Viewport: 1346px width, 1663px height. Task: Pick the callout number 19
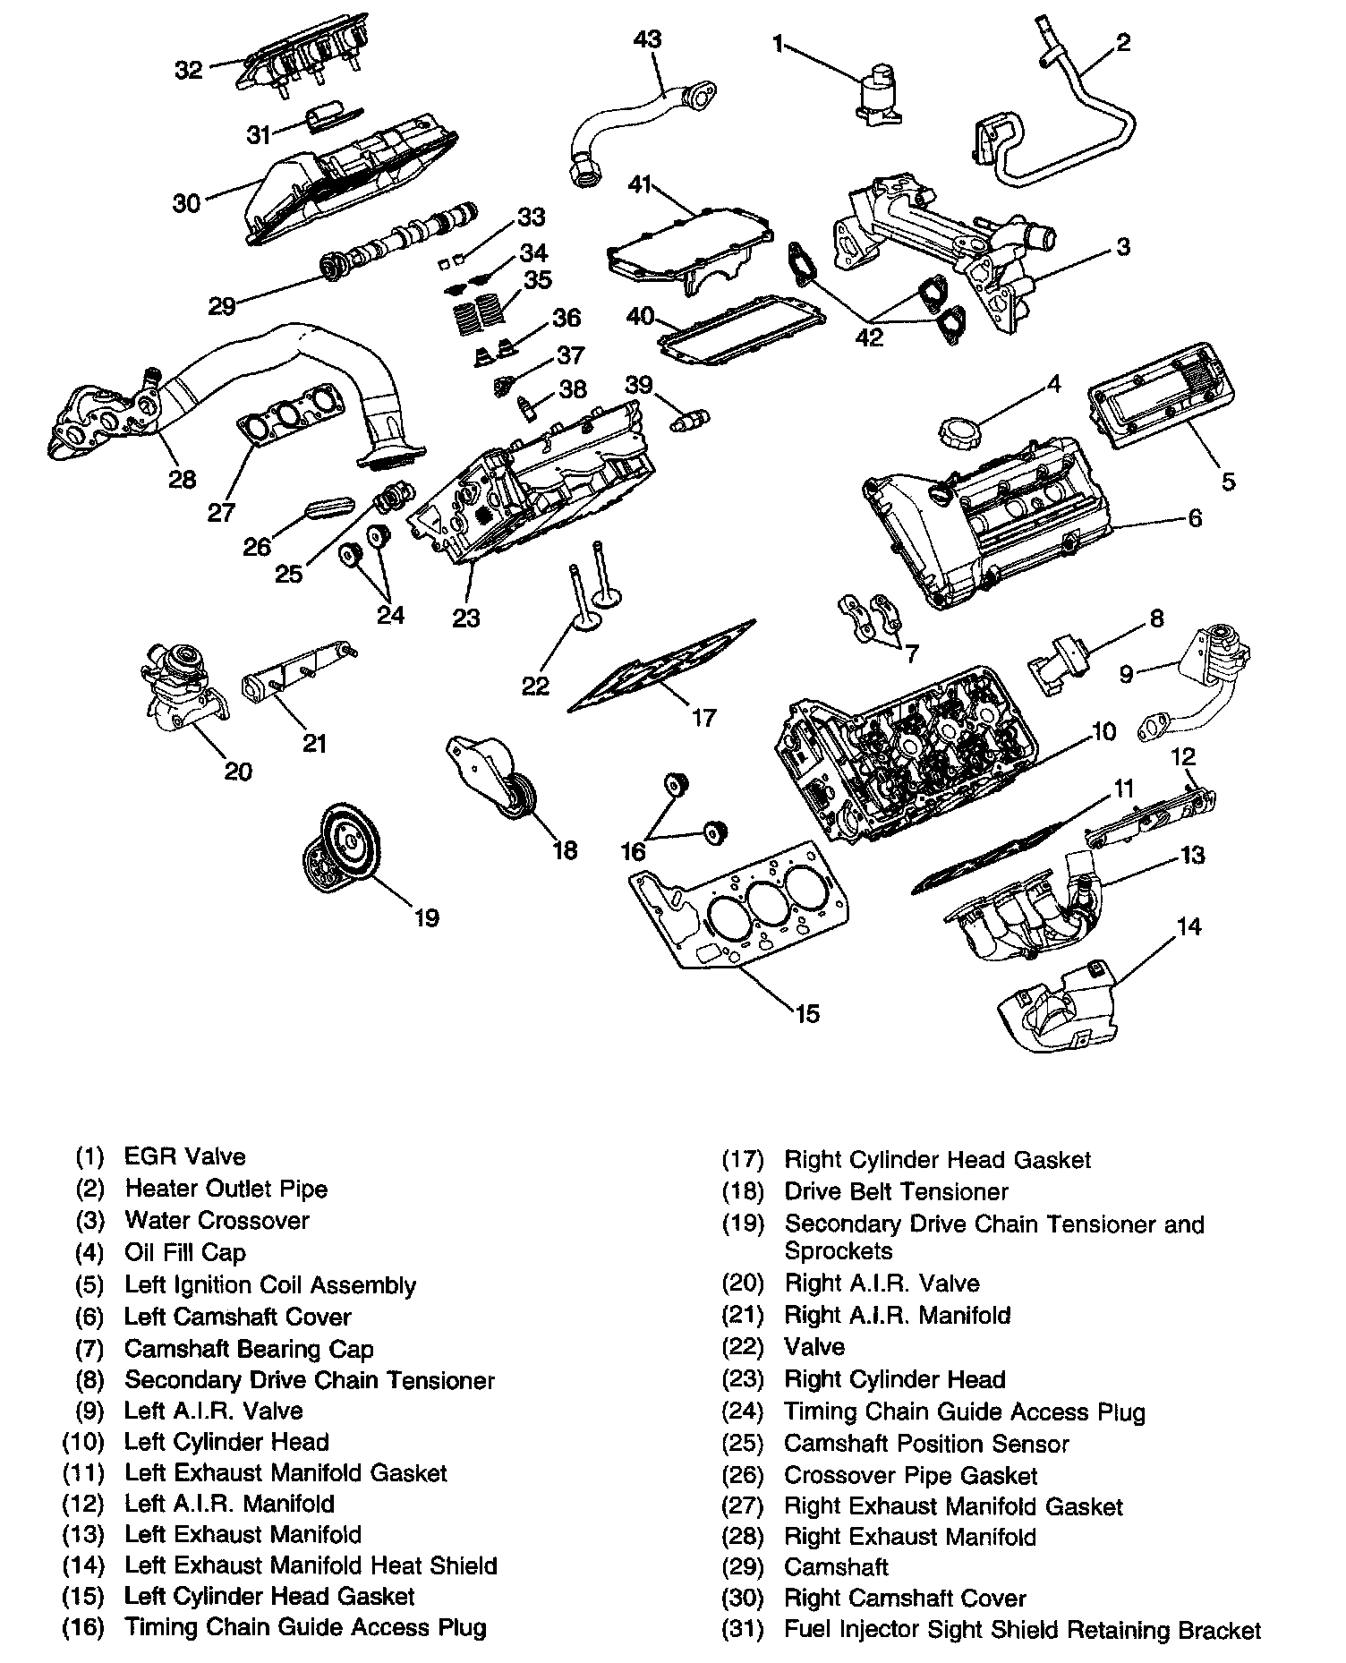(427, 917)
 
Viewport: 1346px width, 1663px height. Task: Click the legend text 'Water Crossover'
(217, 1221)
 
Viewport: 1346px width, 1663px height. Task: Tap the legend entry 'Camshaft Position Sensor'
(926, 1444)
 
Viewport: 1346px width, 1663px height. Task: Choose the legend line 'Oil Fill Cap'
(184, 1253)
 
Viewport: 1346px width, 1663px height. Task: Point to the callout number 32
(189, 69)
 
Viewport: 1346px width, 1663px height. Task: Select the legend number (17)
(743, 1160)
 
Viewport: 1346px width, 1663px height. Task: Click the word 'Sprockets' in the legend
(839, 1250)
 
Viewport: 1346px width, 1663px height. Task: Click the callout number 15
(806, 1013)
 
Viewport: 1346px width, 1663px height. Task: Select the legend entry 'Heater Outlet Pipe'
(226, 1189)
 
